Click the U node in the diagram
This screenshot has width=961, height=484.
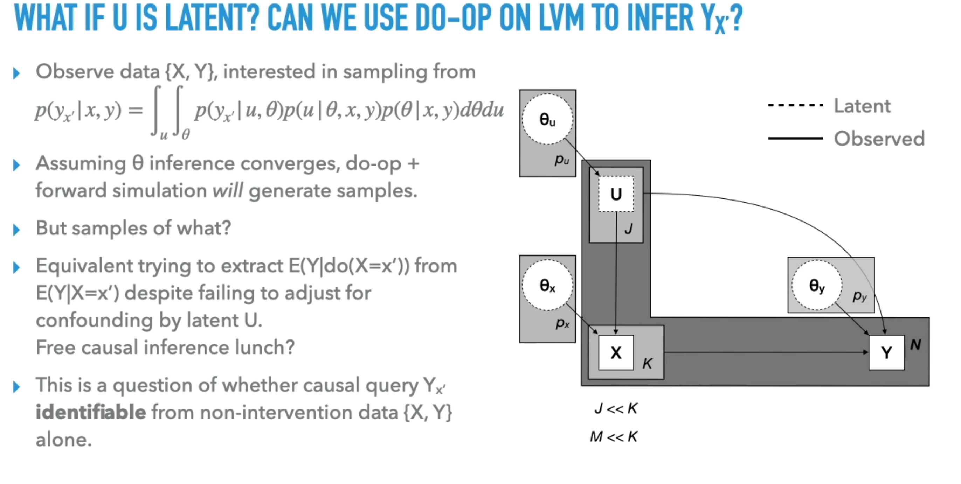pyautogui.click(x=616, y=194)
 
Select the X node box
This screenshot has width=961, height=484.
pyautogui.click(x=616, y=352)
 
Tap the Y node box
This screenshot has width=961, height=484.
pyautogui.click(x=886, y=352)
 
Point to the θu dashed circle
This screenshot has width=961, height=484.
pyautogui.click(x=547, y=119)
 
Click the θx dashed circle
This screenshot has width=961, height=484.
pyautogui.click(x=547, y=286)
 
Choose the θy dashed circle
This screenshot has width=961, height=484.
pyautogui.click(x=817, y=286)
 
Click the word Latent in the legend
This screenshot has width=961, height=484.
pyautogui.click(x=862, y=106)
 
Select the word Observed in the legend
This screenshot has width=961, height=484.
pyautogui.click(x=879, y=139)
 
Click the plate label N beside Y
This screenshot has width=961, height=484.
pyautogui.click(x=915, y=345)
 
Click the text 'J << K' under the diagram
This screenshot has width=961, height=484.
pyautogui.click(x=616, y=408)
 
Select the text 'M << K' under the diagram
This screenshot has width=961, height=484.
pyautogui.click(x=614, y=436)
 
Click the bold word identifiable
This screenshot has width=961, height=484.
pyautogui.click(x=91, y=412)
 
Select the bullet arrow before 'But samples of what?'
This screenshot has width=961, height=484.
pyautogui.click(x=16, y=230)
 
